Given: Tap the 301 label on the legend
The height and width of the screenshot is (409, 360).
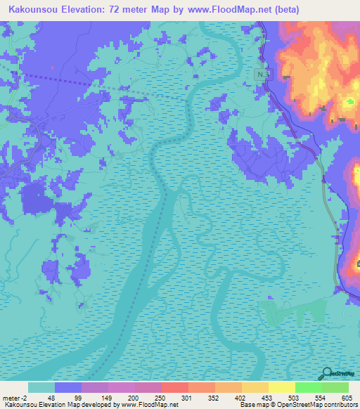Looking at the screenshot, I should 187,397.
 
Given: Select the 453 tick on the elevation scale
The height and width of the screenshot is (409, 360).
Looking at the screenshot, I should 268,397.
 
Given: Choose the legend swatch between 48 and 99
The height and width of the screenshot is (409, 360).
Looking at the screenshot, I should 68,387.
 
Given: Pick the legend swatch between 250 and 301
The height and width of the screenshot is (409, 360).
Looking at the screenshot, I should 175,387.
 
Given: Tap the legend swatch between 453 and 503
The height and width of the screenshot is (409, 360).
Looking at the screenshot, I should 282,387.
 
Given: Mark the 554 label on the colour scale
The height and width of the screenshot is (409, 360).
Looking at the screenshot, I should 321,397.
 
